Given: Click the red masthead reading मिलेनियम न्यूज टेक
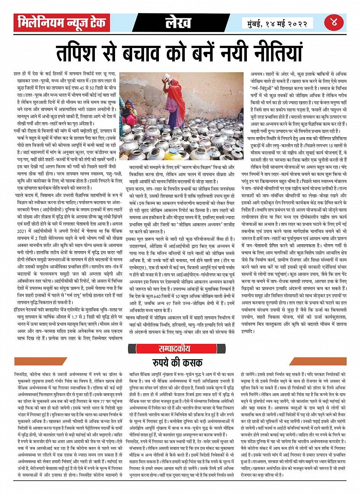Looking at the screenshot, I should [62, 23].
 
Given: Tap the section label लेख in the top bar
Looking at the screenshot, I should [178, 23].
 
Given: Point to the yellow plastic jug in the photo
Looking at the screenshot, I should [172, 154].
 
